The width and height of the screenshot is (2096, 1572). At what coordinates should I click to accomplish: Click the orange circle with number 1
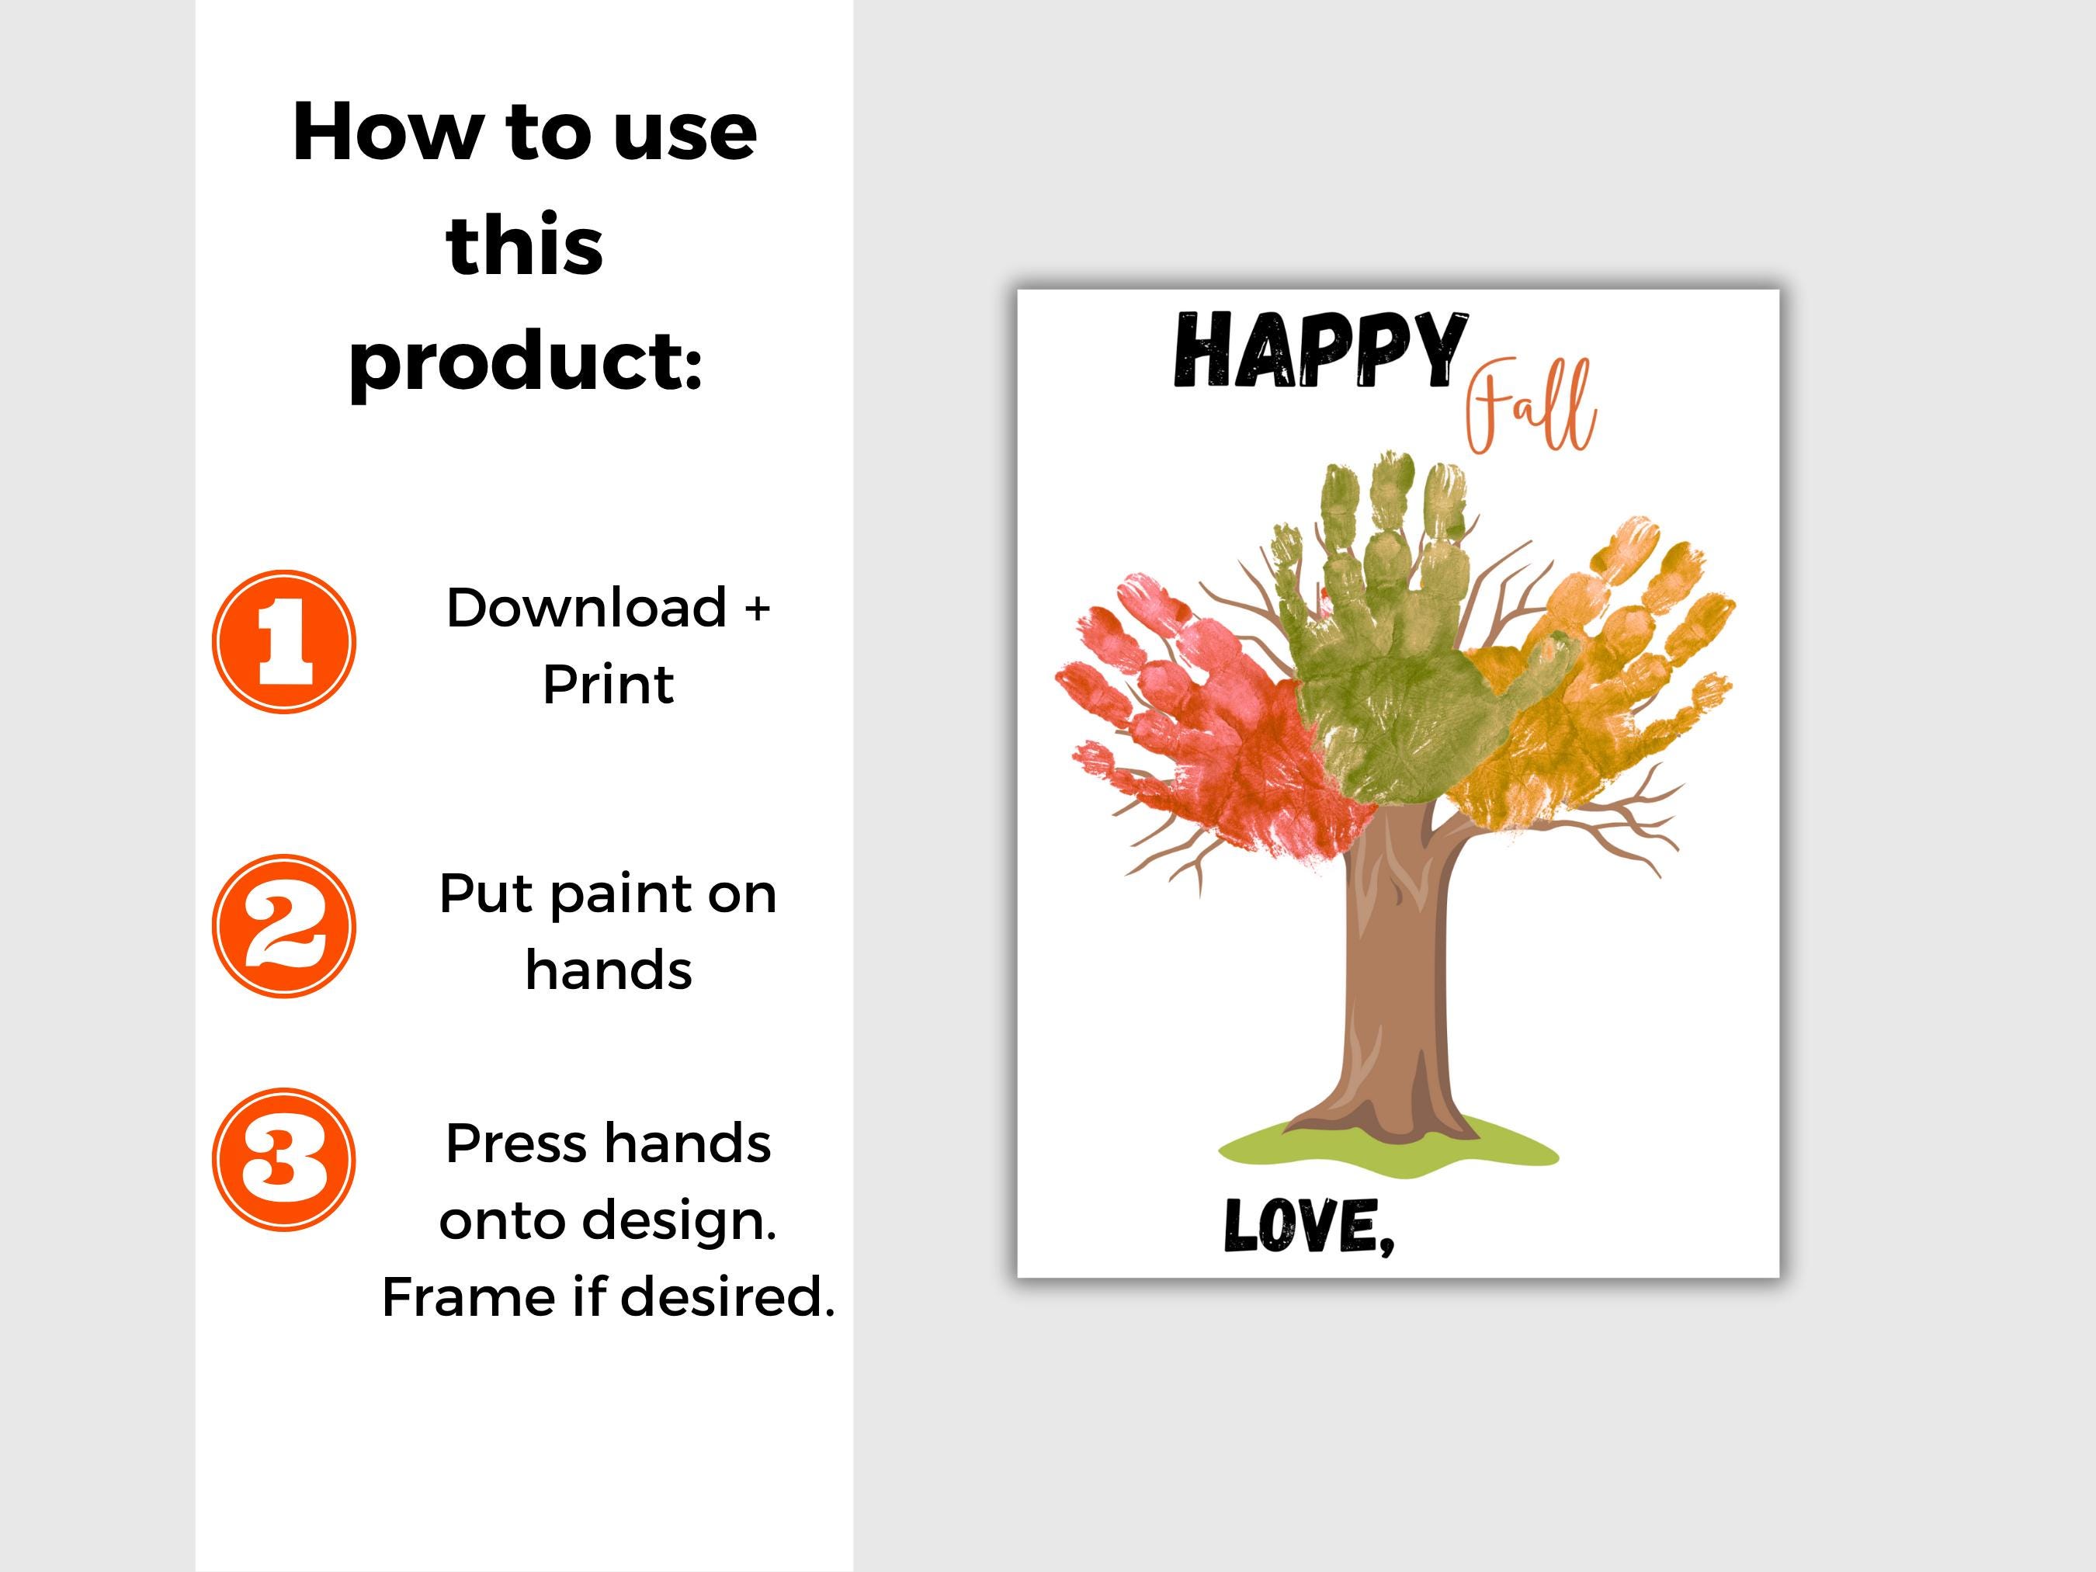(283, 641)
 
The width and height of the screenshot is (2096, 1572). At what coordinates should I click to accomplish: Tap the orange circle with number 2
(283, 926)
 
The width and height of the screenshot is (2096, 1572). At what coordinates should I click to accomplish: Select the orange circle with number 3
(283, 1160)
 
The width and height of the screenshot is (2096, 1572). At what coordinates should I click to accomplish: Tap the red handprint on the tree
(1203, 720)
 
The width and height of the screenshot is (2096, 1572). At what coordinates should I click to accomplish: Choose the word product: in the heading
(526, 362)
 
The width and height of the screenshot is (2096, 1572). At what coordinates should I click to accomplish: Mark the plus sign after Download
(756, 609)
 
